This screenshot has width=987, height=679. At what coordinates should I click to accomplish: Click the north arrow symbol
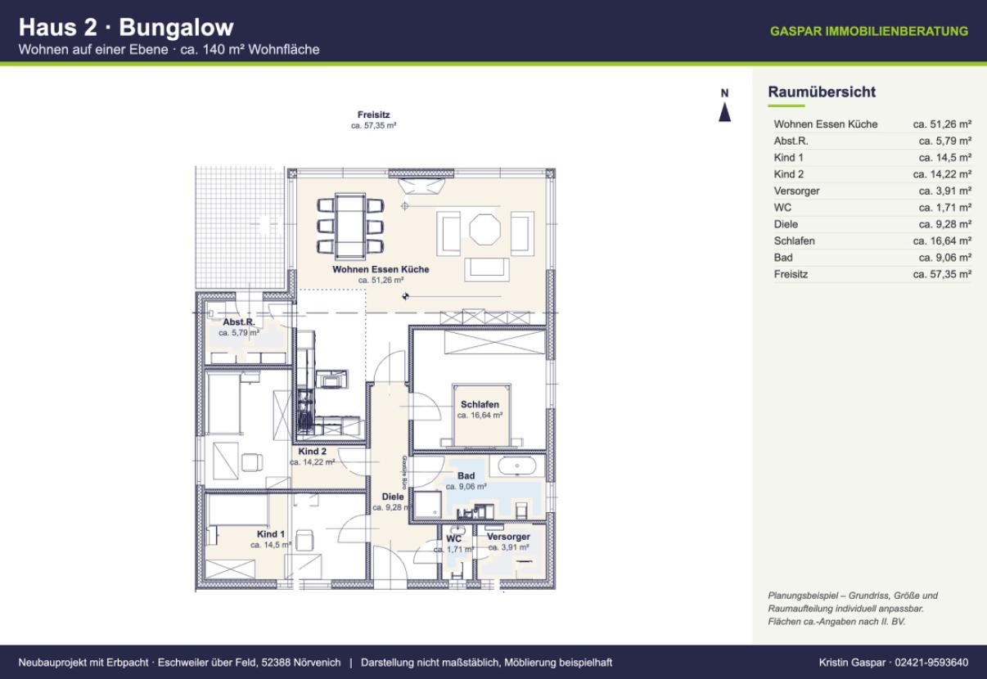point(725,112)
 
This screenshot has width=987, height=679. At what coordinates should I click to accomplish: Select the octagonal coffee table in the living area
point(484,229)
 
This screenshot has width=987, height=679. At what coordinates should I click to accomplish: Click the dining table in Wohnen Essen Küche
point(350,226)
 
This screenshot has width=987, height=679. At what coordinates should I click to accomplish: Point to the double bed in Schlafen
point(481,415)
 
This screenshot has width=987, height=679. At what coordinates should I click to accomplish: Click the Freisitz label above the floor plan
point(374,115)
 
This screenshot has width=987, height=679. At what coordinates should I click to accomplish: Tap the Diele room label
point(393,497)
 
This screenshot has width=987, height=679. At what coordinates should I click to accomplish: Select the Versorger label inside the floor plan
point(508,537)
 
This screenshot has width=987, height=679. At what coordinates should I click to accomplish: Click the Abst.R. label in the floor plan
point(238,322)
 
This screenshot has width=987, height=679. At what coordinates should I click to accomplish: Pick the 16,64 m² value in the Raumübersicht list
point(943,241)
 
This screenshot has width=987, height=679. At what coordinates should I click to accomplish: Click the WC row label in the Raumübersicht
point(782,208)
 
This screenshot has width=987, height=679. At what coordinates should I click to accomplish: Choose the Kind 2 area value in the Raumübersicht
point(943,174)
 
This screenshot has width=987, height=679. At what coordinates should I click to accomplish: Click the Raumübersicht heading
point(822,92)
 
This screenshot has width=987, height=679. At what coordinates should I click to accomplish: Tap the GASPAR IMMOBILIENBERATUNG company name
point(869,31)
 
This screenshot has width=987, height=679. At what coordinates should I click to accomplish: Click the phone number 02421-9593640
point(932,663)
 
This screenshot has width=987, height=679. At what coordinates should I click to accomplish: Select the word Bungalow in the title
point(176,28)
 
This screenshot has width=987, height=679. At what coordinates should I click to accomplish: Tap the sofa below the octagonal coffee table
point(486,269)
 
